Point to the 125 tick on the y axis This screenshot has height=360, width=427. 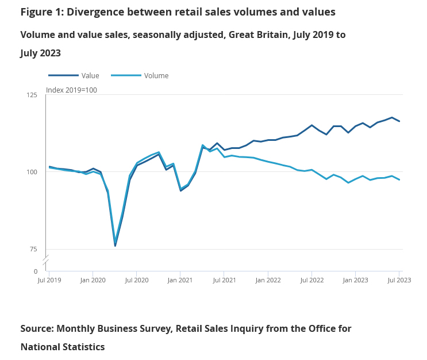(33, 95)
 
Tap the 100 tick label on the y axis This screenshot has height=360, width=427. (33, 172)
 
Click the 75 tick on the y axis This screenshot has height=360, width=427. (34, 249)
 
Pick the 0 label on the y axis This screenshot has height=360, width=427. (36, 271)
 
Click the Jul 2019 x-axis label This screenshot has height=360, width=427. (49, 280)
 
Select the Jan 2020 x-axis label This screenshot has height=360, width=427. (93, 280)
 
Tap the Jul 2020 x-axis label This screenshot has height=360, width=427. (137, 280)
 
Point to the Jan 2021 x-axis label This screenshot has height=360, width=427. (180, 280)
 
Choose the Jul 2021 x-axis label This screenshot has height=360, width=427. (224, 280)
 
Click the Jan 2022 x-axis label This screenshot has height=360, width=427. (268, 280)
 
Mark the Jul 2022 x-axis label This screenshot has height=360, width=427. (311, 280)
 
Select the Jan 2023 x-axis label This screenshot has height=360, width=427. (355, 280)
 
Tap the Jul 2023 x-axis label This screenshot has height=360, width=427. (399, 280)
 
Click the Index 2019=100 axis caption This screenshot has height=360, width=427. (71, 90)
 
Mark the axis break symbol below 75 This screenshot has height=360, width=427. (45, 260)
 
